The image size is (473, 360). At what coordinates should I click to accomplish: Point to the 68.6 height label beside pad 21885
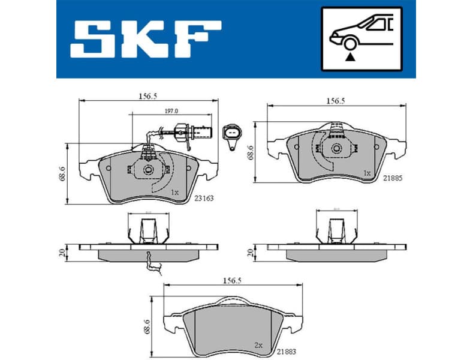pyautogui.click(x=252, y=155)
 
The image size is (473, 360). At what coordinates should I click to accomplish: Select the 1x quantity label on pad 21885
pyautogui.click(x=367, y=172)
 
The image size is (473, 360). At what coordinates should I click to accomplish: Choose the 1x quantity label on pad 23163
pyautogui.click(x=174, y=193)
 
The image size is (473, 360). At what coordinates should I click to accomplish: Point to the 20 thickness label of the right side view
pyautogui.click(x=251, y=252)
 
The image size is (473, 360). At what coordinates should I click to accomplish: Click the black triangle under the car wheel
pyautogui.click(x=348, y=58)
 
